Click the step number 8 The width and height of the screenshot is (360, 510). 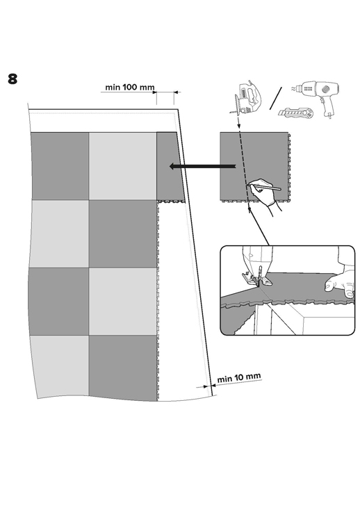tap(13, 79)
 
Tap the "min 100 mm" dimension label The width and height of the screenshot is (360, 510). tap(130, 87)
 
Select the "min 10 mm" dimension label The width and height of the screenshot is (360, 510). tap(239, 377)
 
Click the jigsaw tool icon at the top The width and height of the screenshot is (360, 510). tap(246, 99)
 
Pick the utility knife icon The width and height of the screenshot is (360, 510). tap(295, 113)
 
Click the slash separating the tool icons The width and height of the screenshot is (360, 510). tap(275, 98)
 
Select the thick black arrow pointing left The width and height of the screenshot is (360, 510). tap(202, 167)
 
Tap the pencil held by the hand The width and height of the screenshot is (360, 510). tap(264, 186)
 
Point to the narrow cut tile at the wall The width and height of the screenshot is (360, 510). tap(170, 166)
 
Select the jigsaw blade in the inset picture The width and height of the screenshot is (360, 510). tap(259, 276)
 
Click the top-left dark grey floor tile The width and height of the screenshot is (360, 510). tap(60, 166)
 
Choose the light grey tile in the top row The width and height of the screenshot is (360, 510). tap(122, 166)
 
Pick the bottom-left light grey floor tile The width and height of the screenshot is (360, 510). tap(60, 366)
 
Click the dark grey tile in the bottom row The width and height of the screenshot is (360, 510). tap(123, 368)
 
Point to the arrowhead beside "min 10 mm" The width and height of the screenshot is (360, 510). tap(206, 387)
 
